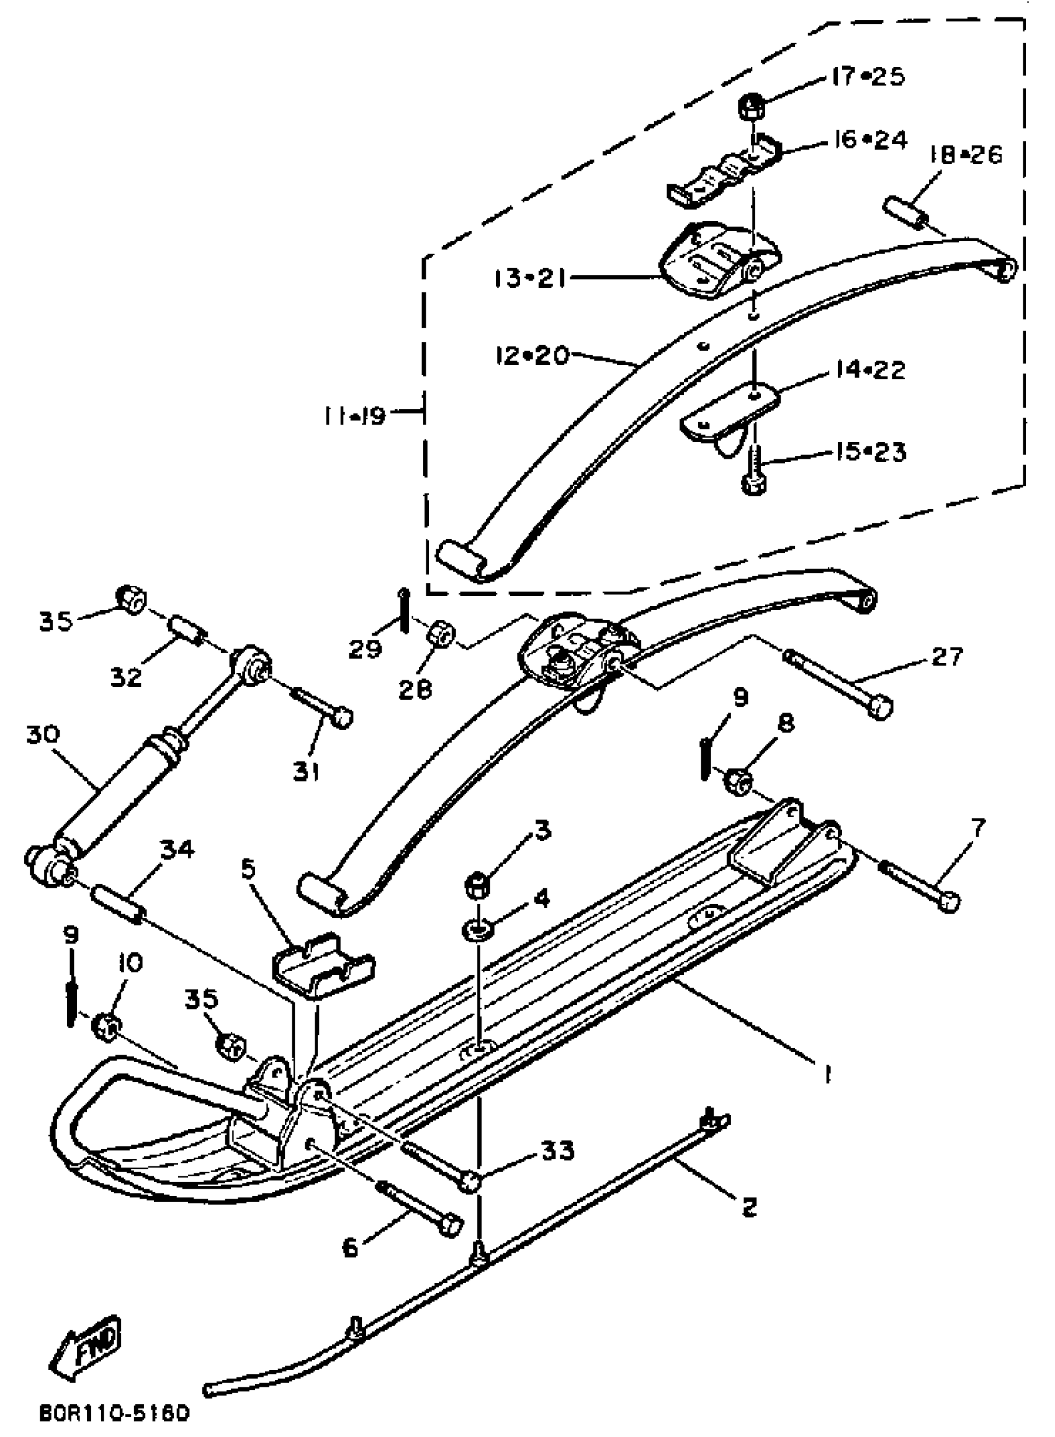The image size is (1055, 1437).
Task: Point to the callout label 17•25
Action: [x=869, y=76]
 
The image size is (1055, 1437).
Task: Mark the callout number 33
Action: [x=557, y=1150]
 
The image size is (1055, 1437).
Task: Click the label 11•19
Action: [x=354, y=416]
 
